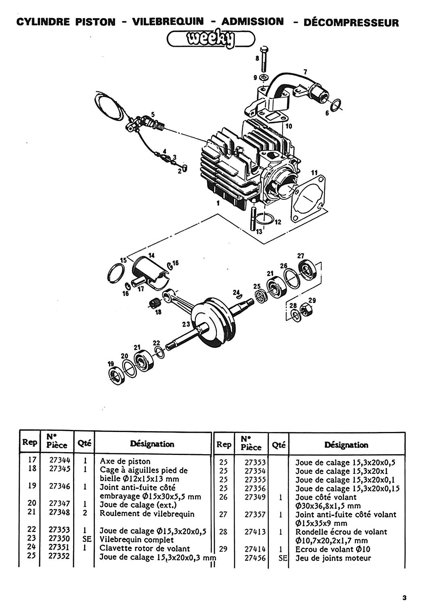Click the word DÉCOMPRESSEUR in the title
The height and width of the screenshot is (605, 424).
point(351,23)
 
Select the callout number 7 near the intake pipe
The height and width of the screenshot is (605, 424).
point(305,72)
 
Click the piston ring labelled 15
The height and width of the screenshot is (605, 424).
point(116,273)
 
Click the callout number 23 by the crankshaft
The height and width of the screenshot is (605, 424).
point(186,324)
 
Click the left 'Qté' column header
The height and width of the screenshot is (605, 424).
point(84,443)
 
